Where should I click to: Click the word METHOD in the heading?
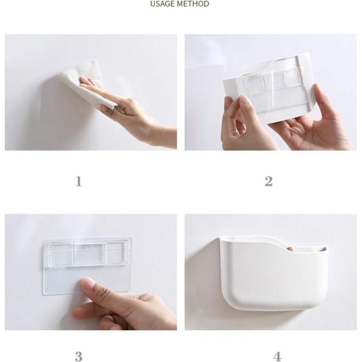point(193,4)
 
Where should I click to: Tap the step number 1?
point(78,181)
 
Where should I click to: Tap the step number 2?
point(268,181)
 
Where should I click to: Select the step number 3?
point(78,356)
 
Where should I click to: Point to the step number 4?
point(278,356)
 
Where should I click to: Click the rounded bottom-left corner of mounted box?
point(232,302)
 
